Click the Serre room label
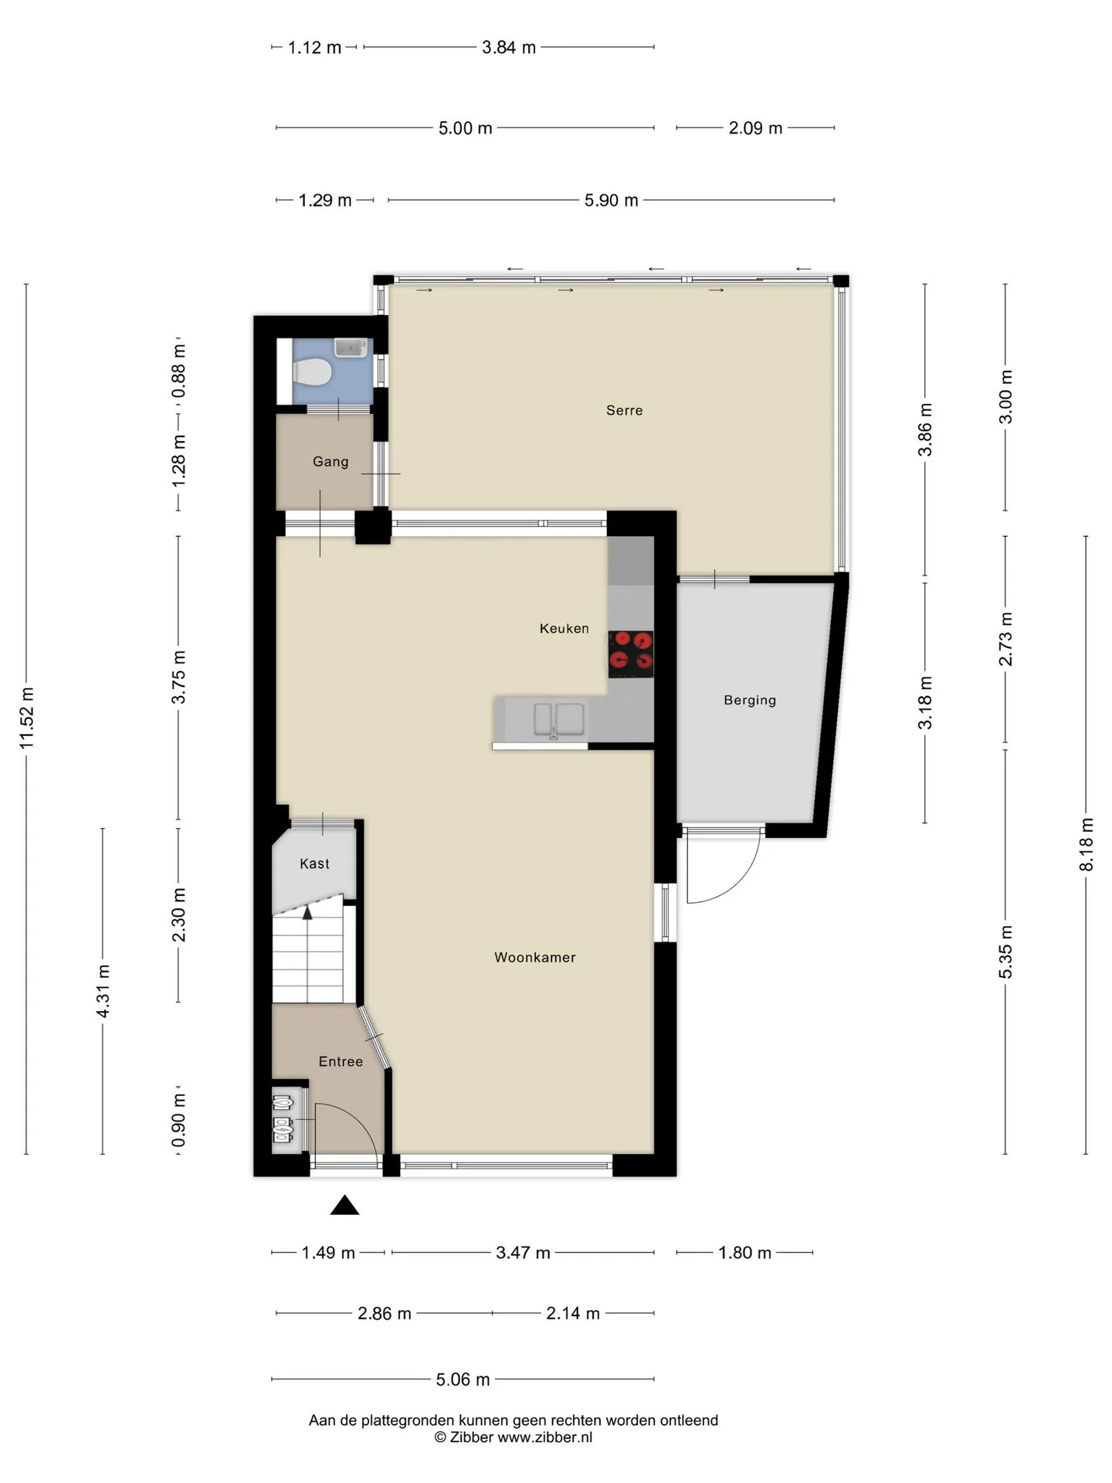click(x=624, y=410)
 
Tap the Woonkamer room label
click(x=535, y=957)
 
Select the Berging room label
click(x=750, y=701)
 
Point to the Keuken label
click(x=564, y=629)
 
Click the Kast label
click(x=314, y=864)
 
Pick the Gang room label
click(x=331, y=462)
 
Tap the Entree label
click(x=341, y=1062)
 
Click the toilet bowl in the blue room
click(x=313, y=374)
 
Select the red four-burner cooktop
click(x=631, y=654)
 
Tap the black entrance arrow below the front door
click(x=344, y=1205)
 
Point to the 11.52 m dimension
click(x=27, y=718)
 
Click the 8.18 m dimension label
click(x=1087, y=844)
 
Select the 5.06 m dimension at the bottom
click(x=463, y=1379)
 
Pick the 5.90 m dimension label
click(x=611, y=201)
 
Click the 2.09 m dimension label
click(x=755, y=128)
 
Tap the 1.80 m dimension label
click(x=744, y=1253)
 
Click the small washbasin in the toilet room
click(x=351, y=348)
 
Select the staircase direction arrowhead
click(x=307, y=912)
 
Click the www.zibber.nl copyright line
click(x=514, y=1437)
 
